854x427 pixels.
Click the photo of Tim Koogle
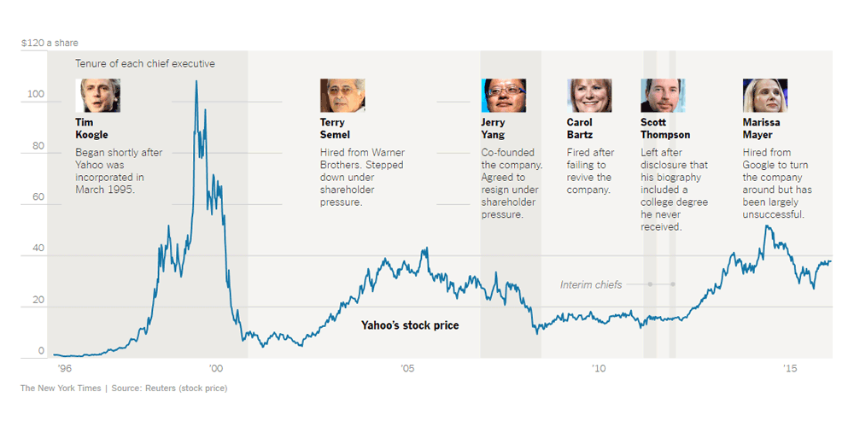click(97, 96)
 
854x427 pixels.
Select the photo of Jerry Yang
click(504, 96)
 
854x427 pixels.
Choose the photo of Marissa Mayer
click(765, 96)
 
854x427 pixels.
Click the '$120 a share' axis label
click(50, 43)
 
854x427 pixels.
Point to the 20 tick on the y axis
click(38, 300)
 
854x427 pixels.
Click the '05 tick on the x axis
click(408, 368)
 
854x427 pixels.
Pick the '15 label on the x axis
click(791, 368)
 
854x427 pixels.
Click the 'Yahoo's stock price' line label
click(410, 325)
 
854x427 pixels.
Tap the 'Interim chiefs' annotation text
click(591, 284)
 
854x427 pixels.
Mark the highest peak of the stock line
click(196, 81)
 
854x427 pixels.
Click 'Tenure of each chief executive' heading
click(145, 64)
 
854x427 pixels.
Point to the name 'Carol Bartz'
click(579, 128)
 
